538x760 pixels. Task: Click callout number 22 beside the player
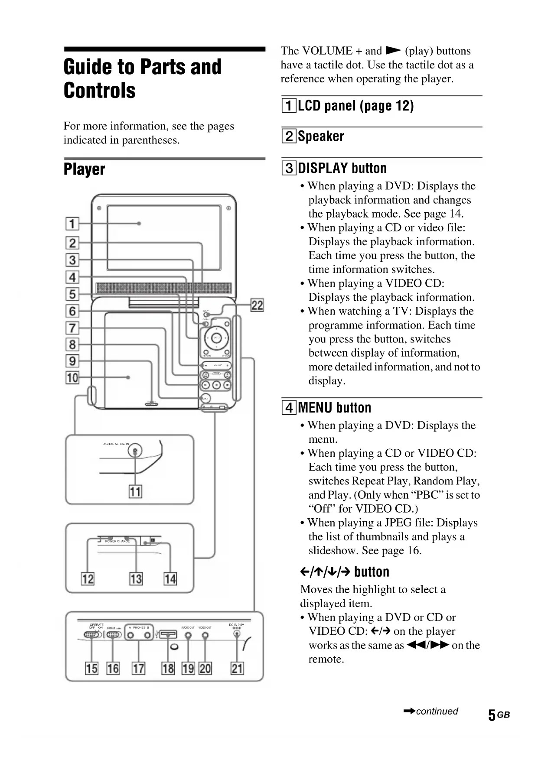(257, 305)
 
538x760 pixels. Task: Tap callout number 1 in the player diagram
(72, 224)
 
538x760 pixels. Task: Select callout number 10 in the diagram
(72, 378)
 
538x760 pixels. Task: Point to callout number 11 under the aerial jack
(135, 492)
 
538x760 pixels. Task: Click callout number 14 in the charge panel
(170, 579)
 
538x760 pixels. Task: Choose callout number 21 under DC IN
(237, 668)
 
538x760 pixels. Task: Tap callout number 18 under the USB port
(168, 668)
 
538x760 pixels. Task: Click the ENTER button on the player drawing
(217, 338)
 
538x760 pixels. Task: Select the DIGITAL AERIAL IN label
(115, 444)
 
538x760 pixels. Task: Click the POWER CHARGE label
(117, 541)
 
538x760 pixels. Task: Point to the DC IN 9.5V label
(236, 625)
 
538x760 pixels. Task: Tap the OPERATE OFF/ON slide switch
(92, 635)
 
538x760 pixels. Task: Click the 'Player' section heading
(85, 169)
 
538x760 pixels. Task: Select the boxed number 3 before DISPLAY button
(289, 168)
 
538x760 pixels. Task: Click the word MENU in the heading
(316, 408)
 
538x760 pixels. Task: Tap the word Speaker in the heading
(321, 136)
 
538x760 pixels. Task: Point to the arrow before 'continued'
(409, 711)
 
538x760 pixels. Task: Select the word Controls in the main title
(100, 91)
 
